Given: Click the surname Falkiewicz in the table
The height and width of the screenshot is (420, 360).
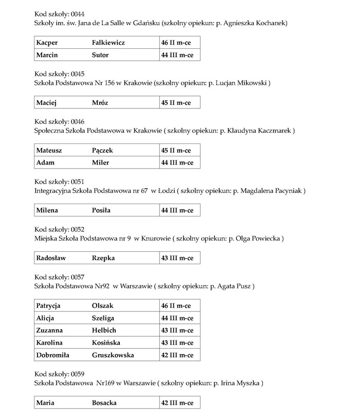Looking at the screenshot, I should [108, 43].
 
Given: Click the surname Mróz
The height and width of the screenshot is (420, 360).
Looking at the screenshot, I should [100, 103].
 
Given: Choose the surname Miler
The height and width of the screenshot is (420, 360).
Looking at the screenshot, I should [100, 162].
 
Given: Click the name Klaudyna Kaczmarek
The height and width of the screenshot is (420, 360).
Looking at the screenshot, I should [263, 131].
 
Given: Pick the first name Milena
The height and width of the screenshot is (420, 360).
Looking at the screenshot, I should [47, 210].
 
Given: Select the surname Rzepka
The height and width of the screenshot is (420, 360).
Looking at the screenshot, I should [103, 258].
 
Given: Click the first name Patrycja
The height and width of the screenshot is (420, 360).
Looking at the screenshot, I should [48, 306].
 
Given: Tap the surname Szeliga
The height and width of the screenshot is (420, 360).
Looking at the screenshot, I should [103, 318].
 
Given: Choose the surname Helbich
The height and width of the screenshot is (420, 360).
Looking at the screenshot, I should [104, 331].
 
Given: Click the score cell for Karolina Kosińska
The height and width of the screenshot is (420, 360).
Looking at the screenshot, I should [177, 343].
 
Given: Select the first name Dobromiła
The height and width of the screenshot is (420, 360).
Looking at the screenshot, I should [52, 355].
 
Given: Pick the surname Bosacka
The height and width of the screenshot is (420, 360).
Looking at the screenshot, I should [104, 403].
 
